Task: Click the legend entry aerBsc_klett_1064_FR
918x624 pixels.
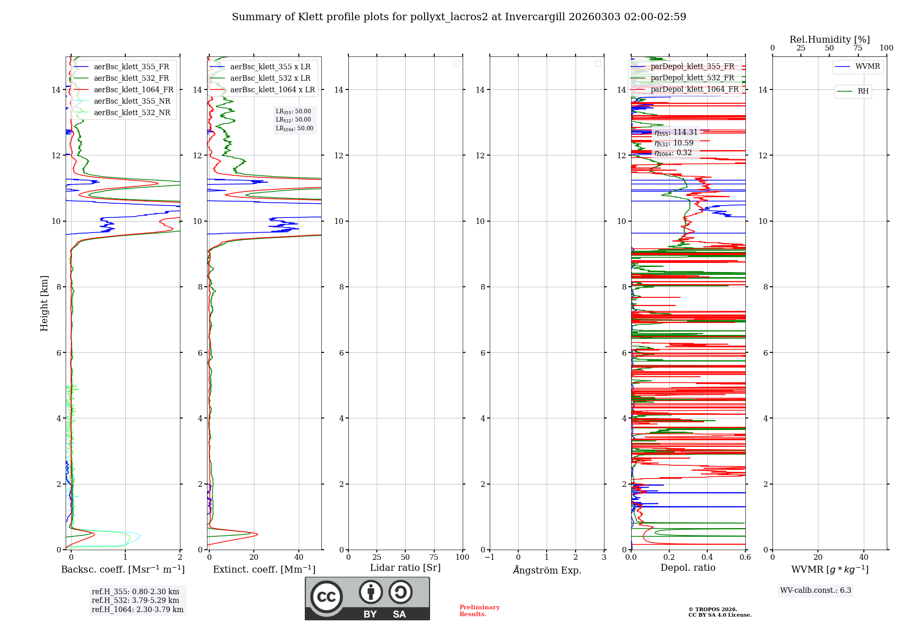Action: tap(133, 90)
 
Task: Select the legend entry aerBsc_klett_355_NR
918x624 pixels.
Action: tap(132, 101)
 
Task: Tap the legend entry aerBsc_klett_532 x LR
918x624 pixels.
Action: tap(270, 78)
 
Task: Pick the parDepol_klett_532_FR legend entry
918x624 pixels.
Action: tap(692, 78)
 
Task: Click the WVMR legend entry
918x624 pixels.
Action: tap(868, 67)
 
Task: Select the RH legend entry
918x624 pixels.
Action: tap(863, 91)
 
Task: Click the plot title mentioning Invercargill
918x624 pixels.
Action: tap(459, 17)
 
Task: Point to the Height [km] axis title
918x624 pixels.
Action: tap(44, 303)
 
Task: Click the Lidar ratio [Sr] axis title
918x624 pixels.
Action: tap(405, 568)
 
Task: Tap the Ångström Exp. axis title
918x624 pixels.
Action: tap(547, 570)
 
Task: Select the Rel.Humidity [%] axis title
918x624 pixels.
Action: tap(829, 39)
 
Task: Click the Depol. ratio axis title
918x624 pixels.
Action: tap(688, 568)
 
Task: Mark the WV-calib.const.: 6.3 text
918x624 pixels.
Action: tap(815, 591)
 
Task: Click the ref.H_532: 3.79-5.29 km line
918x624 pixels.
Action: tap(135, 601)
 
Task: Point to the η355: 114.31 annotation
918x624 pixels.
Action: tap(676, 133)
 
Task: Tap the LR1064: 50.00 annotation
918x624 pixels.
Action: tap(294, 128)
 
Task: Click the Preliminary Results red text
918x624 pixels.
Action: tap(479, 611)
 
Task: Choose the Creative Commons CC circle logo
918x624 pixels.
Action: tap(326, 597)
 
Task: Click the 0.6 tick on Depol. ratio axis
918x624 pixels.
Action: tap(745, 557)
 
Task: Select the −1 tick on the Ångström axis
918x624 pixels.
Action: tap(489, 557)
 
